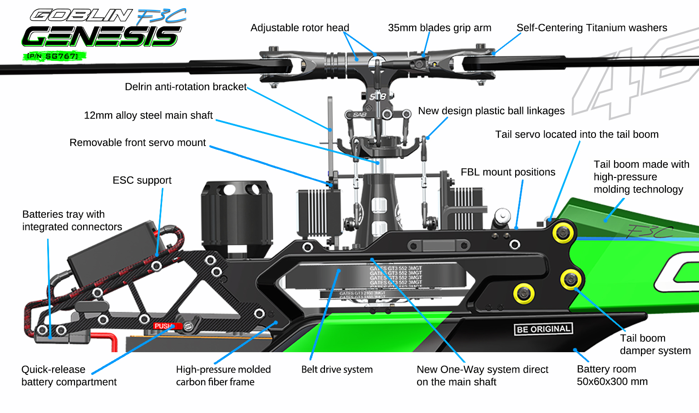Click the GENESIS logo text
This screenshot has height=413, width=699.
[101, 36]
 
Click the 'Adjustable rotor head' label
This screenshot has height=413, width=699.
[300, 28]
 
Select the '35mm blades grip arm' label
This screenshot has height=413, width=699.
[439, 28]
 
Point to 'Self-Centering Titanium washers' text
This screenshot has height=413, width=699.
[591, 28]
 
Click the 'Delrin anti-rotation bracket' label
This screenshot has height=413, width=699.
[186, 87]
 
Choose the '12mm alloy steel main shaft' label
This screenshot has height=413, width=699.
[148, 115]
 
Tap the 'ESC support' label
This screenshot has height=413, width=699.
[142, 180]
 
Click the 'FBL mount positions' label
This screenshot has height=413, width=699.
[507, 172]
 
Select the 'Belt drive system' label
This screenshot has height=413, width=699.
[337, 369]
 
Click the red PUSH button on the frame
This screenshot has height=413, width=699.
[162, 326]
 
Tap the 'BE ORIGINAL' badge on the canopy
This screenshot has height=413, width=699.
[543, 329]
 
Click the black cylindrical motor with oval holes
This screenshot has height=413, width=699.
[236, 213]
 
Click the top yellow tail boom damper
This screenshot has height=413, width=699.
[563, 233]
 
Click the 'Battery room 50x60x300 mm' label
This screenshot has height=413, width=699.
[612, 375]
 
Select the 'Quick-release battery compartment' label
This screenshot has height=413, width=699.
[69, 376]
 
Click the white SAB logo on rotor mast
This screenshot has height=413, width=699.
[378, 96]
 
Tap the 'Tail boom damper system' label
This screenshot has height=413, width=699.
[655, 344]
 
